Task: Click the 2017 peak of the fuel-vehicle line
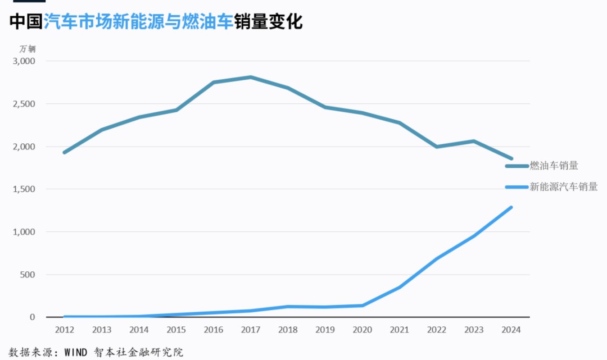pyautogui.click(x=251, y=78)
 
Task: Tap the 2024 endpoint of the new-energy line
pyautogui.click(x=511, y=207)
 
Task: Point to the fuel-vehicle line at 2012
pyautogui.click(x=65, y=152)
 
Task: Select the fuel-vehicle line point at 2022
pyautogui.click(x=437, y=147)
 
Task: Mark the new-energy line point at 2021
pyautogui.click(x=400, y=287)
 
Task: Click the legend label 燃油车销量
pyautogui.click(x=554, y=166)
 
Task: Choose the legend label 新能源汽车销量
pyautogui.click(x=564, y=187)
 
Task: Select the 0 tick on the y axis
pyautogui.click(x=32, y=317)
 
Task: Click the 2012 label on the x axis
pyautogui.click(x=65, y=330)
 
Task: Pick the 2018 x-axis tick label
pyautogui.click(x=288, y=330)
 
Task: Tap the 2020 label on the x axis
pyautogui.click(x=362, y=330)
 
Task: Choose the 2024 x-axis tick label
pyautogui.click(x=511, y=330)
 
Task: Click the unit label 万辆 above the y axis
pyautogui.click(x=28, y=48)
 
